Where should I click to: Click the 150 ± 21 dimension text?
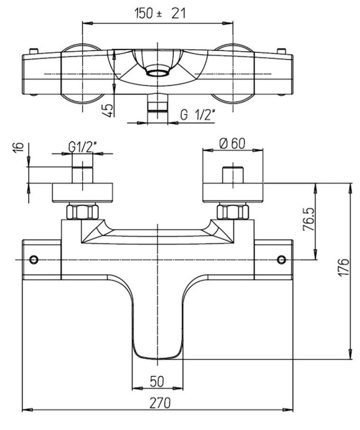tap(159, 14)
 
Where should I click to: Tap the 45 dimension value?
tap(109, 110)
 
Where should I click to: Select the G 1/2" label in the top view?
tap(198, 115)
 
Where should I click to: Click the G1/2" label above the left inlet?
tap(83, 146)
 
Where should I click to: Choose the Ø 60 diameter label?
tap(232, 143)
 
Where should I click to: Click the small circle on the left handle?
tap(33, 259)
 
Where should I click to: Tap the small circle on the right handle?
tap(281, 259)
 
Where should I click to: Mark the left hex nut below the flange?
tap(83, 211)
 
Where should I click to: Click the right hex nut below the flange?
tap(232, 211)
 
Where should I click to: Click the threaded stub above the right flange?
tap(232, 174)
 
